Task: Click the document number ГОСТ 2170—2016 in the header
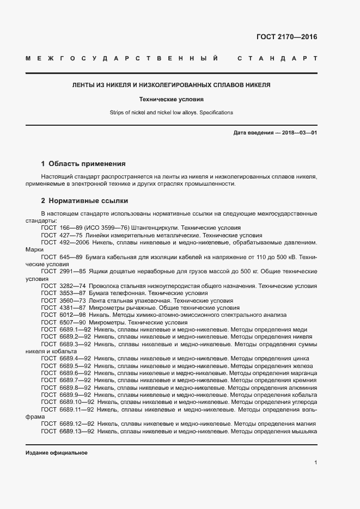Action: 286,38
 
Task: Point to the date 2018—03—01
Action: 299,133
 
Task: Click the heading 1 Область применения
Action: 83,163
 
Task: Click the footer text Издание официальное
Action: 57,453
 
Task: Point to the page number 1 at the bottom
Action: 315,463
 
